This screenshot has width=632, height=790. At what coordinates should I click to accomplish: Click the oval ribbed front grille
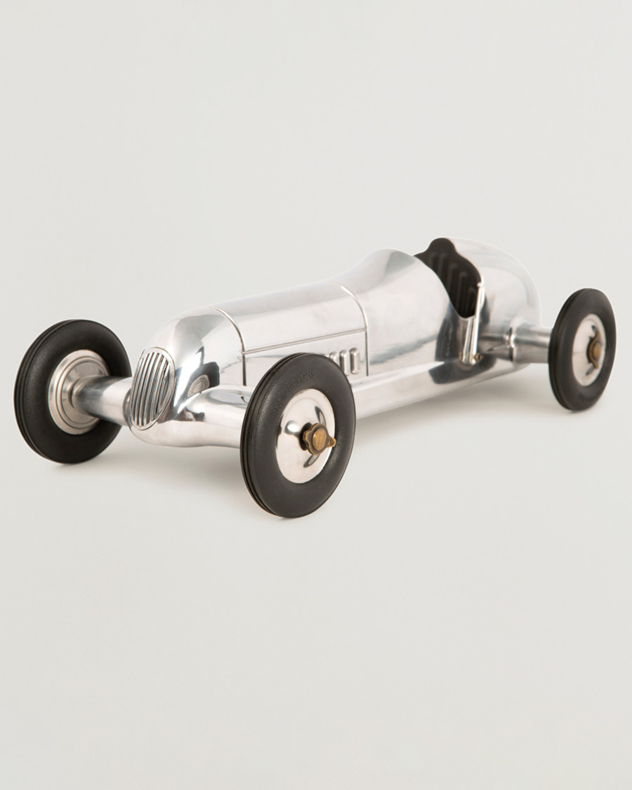(151, 388)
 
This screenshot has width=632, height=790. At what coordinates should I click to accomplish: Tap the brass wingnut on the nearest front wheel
(317, 438)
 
